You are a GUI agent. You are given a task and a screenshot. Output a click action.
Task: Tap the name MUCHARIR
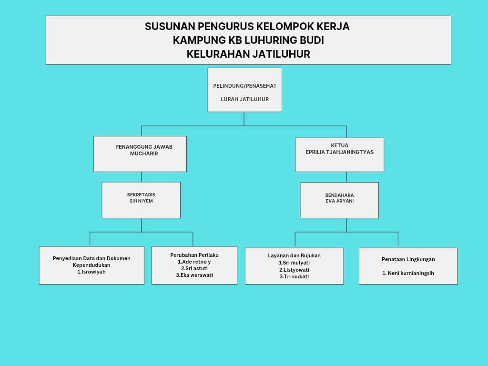(144, 153)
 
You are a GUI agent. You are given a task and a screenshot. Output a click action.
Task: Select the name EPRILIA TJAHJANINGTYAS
(339, 152)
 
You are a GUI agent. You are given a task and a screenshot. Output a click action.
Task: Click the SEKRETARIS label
(141, 194)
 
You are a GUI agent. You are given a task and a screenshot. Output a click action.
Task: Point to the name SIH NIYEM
(141, 201)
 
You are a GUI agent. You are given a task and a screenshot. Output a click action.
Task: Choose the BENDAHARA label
(339, 195)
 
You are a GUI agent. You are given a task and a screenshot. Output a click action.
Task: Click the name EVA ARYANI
(339, 201)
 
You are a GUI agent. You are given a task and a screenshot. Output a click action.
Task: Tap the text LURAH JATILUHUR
(244, 99)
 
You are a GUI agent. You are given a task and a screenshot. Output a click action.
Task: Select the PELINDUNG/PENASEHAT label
(244, 86)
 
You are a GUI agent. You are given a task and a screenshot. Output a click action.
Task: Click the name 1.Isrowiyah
(91, 272)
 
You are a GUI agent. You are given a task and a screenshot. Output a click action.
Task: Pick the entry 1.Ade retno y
(194, 262)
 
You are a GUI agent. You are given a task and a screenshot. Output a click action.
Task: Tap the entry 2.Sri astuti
(194, 268)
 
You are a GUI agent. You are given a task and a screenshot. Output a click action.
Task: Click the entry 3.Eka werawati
(194, 275)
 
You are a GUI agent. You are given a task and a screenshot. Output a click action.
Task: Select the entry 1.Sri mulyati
(294, 263)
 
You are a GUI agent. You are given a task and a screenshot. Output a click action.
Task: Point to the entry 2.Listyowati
(294, 270)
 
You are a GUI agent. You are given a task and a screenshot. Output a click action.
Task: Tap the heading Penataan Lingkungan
(408, 259)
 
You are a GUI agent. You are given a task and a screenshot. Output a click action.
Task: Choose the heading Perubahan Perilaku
(194, 255)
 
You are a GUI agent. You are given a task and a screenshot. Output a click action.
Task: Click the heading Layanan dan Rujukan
(294, 255)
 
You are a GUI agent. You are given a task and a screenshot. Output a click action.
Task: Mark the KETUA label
(339, 145)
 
